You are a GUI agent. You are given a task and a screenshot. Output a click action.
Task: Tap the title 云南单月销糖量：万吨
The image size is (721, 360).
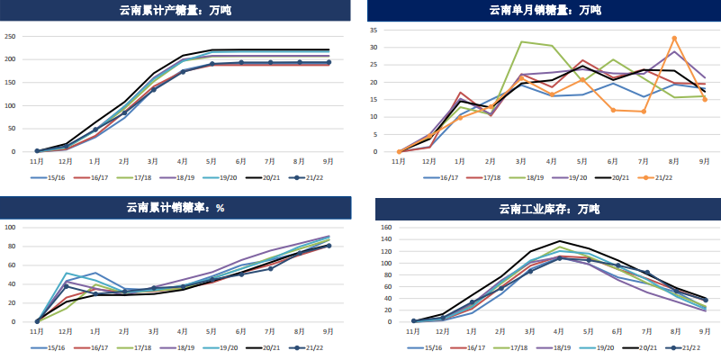tap(545, 11)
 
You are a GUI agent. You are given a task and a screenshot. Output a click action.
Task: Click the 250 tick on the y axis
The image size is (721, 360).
tap(11, 37)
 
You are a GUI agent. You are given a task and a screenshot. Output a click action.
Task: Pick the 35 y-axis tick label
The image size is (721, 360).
tap(374, 30)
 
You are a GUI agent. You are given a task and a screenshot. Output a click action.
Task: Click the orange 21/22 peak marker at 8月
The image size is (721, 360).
tap(674, 39)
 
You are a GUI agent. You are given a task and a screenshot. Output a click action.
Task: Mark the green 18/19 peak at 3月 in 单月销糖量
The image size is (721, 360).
tap(522, 42)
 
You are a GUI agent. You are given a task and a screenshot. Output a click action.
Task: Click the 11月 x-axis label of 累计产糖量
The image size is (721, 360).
tap(37, 162)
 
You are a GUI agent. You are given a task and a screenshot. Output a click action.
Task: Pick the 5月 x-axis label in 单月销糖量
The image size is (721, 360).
tap(582, 162)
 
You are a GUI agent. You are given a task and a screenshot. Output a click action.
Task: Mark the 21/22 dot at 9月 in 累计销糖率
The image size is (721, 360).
tap(329, 246)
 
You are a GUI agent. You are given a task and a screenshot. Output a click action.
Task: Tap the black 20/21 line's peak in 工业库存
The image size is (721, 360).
tap(559, 241)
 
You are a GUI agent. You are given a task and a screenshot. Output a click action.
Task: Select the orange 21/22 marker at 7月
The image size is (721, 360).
tap(644, 112)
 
